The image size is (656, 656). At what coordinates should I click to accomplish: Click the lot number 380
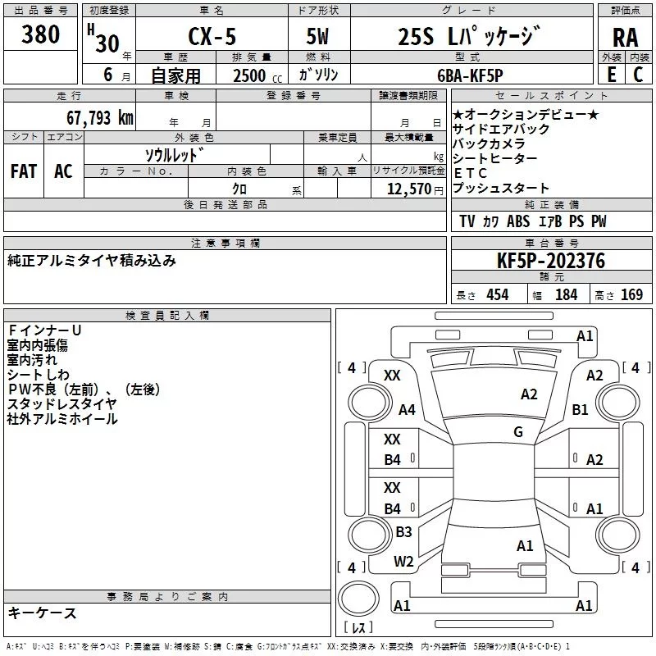coord(40,34)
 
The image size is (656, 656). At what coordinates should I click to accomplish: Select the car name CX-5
coord(212,36)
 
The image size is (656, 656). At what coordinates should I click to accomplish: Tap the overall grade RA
coord(626,38)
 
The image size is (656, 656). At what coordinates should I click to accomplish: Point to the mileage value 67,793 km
coord(100,118)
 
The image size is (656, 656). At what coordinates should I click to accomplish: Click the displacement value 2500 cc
coord(257,75)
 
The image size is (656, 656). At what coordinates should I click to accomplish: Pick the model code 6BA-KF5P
coord(470,75)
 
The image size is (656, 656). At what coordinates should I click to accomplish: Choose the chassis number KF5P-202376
coord(551,261)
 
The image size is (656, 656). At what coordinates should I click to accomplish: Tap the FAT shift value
coord(24,171)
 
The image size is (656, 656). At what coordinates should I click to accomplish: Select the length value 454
coord(498,295)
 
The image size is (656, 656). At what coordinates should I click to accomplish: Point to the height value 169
coord(631,295)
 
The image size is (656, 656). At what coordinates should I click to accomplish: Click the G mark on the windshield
coord(518,432)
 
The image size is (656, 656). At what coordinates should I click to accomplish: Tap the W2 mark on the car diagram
coord(403,562)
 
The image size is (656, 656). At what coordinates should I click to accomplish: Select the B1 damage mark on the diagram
coord(581,410)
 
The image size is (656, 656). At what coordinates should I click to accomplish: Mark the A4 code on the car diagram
coord(407,410)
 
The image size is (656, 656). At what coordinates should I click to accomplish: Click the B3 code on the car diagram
coord(403,531)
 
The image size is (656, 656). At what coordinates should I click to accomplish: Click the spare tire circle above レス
coord(358,599)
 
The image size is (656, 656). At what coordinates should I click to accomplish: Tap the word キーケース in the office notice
coord(43,613)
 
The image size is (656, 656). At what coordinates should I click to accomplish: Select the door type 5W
coord(317,36)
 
